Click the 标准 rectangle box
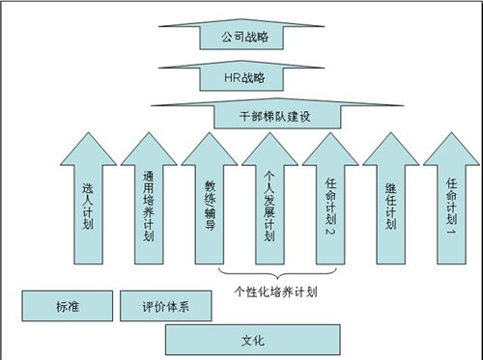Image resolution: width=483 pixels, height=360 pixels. (x=67, y=308)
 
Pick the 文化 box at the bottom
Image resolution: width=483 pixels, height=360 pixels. (x=253, y=339)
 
